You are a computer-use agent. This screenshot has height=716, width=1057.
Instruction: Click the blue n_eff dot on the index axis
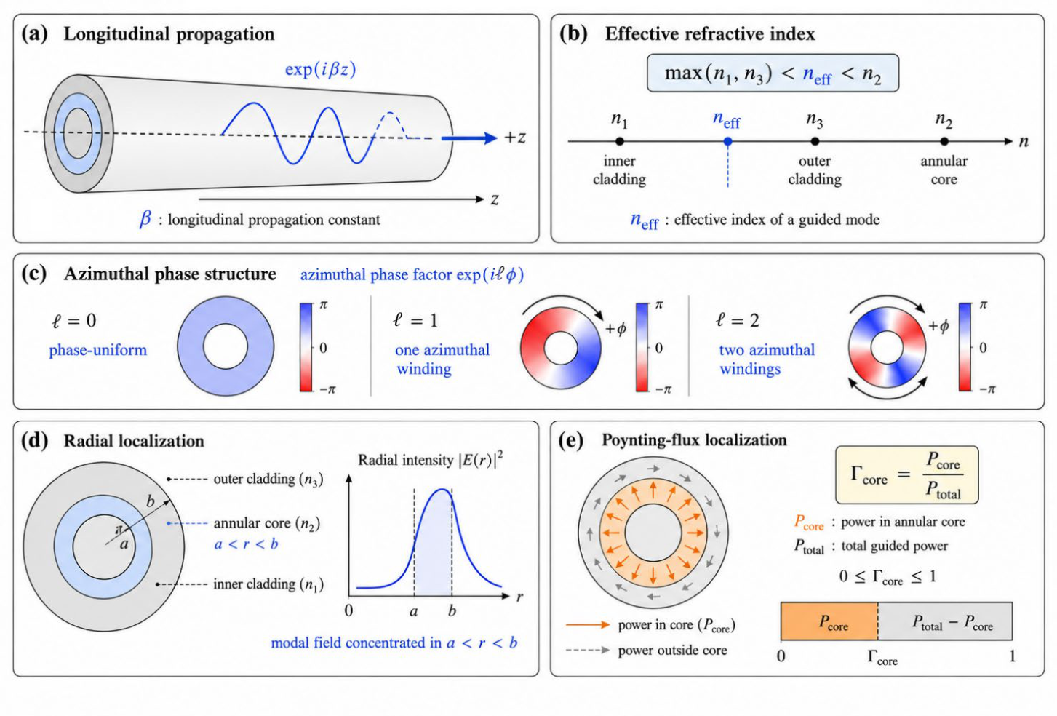click(x=727, y=141)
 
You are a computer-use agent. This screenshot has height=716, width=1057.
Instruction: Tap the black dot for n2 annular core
click(x=944, y=141)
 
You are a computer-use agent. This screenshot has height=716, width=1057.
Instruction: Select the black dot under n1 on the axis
click(x=620, y=141)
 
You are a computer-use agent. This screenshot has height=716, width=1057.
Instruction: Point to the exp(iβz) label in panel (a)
click(x=320, y=69)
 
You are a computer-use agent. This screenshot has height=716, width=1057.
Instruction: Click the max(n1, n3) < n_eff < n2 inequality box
click(x=773, y=73)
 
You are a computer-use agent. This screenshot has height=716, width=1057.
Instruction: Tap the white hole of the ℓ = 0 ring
click(x=226, y=346)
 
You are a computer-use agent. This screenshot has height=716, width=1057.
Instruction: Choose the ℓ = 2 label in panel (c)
click(x=738, y=320)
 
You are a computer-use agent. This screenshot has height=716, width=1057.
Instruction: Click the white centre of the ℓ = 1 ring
click(x=561, y=349)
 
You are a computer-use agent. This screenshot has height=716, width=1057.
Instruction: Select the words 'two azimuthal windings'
click(x=767, y=359)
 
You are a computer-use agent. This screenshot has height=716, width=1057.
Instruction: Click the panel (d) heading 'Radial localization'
click(x=134, y=441)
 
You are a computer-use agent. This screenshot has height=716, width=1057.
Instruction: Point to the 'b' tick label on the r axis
click(x=452, y=610)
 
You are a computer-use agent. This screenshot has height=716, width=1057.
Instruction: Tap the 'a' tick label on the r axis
click(x=414, y=612)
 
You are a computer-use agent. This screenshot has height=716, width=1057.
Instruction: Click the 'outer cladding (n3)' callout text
click(x=268, y=479)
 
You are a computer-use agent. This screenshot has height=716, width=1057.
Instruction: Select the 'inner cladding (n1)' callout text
click(x=268, y=584)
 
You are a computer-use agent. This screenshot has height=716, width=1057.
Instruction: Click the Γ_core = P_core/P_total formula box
click(x=907, y=475)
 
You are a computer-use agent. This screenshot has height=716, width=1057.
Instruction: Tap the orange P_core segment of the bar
click(x=829, y=621)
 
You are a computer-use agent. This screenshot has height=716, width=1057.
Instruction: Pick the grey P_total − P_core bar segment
click(x=945, y=621)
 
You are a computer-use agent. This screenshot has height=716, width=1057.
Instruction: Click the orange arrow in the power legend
click(x=588, y=624)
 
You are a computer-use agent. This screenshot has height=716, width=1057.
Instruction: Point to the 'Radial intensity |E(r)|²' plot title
click(x=431, y=459)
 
